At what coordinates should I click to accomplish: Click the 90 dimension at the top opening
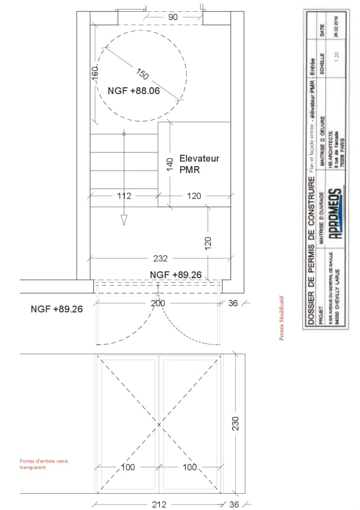coord(173,17)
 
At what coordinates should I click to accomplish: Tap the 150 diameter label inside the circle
coord(142,74)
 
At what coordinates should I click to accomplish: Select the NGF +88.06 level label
coord(133,90)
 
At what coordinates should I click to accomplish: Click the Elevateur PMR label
coord(199,163)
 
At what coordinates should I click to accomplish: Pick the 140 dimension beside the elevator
coord(169,164)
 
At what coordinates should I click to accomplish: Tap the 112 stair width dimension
coord(124,196)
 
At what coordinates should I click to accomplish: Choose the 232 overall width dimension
coord(160,259)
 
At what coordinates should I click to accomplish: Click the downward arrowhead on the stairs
coord(124,221)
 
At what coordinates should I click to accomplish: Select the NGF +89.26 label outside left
coord(57,309)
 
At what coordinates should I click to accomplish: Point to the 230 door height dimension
coord(236,423)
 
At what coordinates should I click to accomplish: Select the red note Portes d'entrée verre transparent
coord(44,464)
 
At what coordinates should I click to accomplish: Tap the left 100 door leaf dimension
coord(129,468)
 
